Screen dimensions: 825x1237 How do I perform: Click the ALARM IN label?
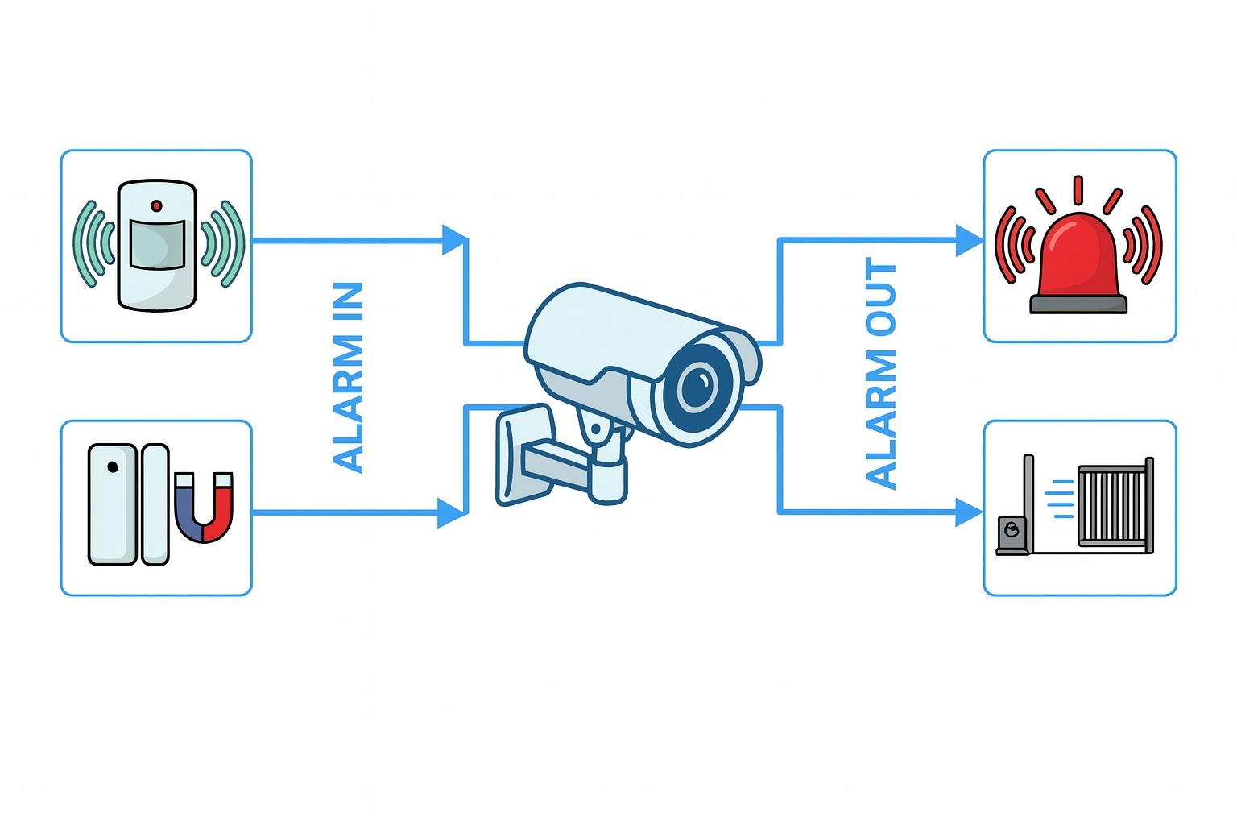[x=349, y=376]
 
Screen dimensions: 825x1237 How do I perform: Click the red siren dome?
[x=1078, y=255]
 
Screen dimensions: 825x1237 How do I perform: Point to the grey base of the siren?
[x=1078, y=304]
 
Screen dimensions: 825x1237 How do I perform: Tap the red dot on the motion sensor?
[x=156, y=206]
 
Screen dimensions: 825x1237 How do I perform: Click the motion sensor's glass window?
[x=157, y=243]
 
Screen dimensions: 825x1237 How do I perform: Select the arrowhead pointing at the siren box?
[x=969, y=240]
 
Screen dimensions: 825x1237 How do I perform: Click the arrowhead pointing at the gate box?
[x=969, y=512]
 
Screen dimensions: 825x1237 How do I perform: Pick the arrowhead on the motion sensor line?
[x=455, y=240]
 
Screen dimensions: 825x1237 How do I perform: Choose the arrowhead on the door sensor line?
[x=452, y=512]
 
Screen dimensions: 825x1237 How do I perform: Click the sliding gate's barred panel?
[x=1112, y=505]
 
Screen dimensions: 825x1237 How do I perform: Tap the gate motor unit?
[x=1012, y=534]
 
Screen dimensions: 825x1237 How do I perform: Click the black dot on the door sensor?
[x=113, y=467]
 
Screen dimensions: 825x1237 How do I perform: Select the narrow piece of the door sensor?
[x=155, y=504]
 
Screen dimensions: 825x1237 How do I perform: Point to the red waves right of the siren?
[x=1144, y=244]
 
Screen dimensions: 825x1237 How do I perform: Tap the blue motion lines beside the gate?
[x=1061, y=499]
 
